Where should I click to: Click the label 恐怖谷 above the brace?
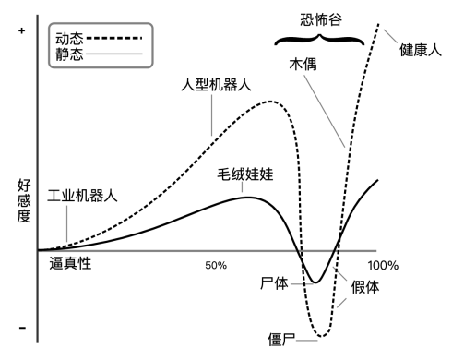[321, 19]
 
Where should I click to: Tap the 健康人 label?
[421, 50]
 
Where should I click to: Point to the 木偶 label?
[303, 65]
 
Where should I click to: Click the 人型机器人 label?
[216, 85]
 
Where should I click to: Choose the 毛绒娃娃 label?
[245, 174]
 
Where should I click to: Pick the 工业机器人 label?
[82, 196]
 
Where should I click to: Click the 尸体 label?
[274, 283]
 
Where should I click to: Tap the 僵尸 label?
[281, 340]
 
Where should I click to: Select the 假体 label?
[365, 287]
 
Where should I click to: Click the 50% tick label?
[216, 265]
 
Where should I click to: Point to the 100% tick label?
[383, 265]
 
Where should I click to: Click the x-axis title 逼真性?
[70, 264]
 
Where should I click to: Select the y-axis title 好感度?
[24, 201]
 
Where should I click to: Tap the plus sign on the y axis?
[21, 30]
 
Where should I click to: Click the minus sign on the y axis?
[22, 328]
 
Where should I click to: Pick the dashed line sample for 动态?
[114, 38]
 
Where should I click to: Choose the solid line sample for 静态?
[114, 54]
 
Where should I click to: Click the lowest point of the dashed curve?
[321, 336]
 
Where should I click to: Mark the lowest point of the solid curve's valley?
[315, 282]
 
